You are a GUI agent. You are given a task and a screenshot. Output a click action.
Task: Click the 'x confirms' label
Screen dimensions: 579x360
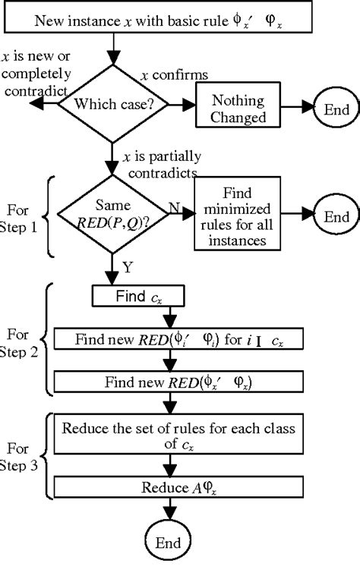point(175,74)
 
